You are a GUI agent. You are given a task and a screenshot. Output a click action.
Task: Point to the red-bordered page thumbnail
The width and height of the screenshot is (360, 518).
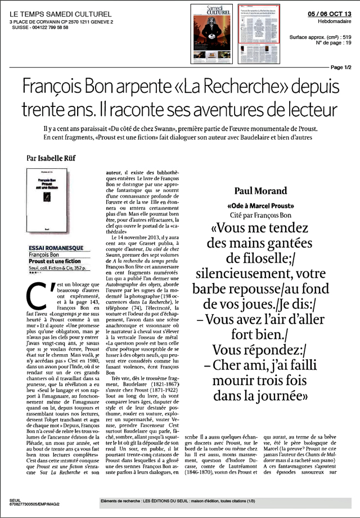(258, 24)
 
